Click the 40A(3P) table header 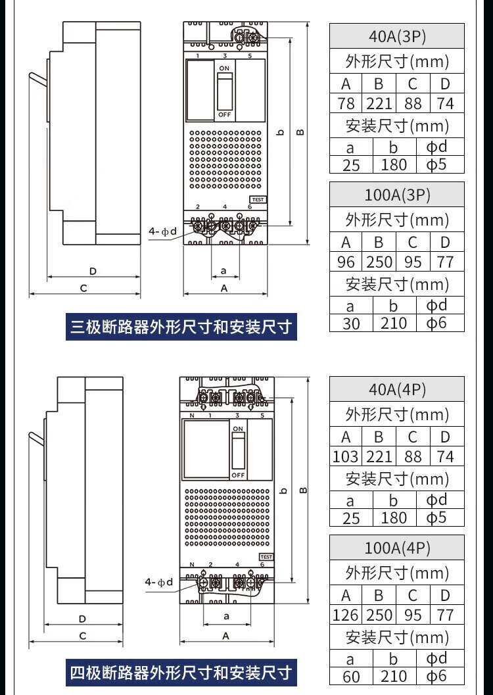pyautogui.click(x=397, y=36)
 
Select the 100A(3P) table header pyautogui.click(x=397, y=195)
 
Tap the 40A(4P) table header pyautogui.click(x=397, y=389)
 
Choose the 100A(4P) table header pyautogui.click(x=397, y=548)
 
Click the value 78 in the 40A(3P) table pyautogui.click(x=346, y=104)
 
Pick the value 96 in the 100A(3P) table pyautogui.click(x=346, y=262)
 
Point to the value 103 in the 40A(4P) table pyautogui.click(x=346, y=456)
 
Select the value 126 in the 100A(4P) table pyautogui.click(x=346, y=615)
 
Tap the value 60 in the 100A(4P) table pyautogui.click(x=351, y=677)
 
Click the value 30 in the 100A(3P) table pyautogui.click(x=351, y=324)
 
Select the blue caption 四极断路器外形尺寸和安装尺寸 pyautogui.click(x=181, y=673)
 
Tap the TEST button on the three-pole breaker pyautogui.click(x=257, y=199)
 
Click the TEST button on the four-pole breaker pyautogui.click(x=266, y=557)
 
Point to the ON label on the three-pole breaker pyautogui.click(x=225, y=68)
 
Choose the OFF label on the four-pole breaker pyautogui.click(x=238, y=475)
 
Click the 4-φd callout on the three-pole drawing pyautogui.click(x=162, y=231)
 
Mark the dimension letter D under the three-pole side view pyautogui.click(x=93, y=271)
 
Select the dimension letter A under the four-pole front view pyautogui.click(x=225, y=636)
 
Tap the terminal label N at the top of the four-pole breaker pyautogui.click(x=191, y=416)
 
